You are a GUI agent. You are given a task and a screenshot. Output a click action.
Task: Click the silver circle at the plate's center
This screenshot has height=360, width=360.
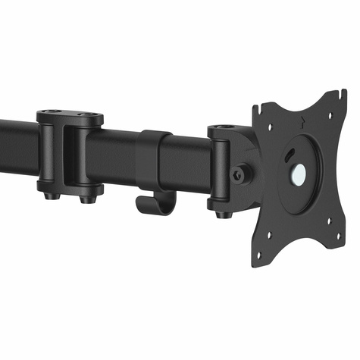[297, 173]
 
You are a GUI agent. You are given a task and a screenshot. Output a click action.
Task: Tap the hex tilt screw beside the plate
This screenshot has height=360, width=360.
[241, 174]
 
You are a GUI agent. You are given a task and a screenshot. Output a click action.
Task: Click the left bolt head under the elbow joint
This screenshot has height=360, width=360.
[50, 195]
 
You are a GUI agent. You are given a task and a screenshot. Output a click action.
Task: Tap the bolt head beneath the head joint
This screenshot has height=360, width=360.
[221, 214]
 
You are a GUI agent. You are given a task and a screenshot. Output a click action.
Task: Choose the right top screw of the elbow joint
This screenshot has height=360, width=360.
[93, 116]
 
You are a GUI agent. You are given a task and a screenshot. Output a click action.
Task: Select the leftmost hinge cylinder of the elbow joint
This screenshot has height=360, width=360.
[45, 155]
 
